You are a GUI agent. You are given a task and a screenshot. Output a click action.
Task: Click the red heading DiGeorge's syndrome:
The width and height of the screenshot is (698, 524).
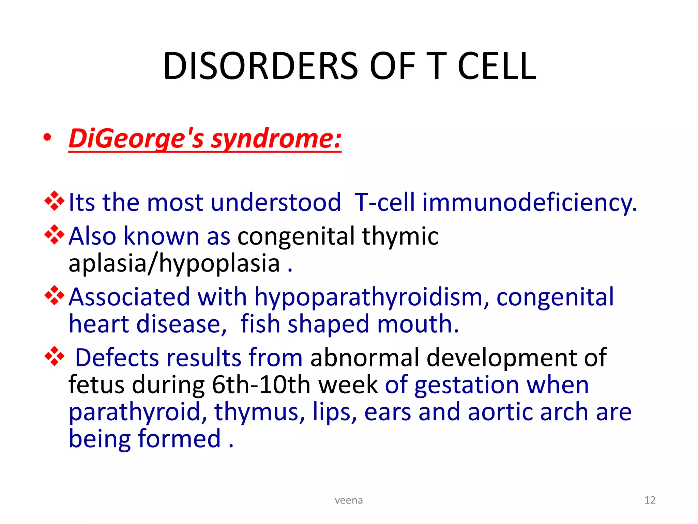pyautogui.click(x=205, y=139)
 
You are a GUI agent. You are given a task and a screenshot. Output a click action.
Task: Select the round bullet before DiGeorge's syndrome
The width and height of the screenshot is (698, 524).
pyautogui.click(x=47, y=138)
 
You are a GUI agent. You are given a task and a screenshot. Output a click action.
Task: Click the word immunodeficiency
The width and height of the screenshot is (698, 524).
pyautogui.click(x=529, y=202)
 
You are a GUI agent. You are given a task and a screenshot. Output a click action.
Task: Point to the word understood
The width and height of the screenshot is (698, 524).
pyautogui.click(x=276, y=202)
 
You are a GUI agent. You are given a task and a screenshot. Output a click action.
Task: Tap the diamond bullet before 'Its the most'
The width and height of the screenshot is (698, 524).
pyautogui.click(x=55, y=201)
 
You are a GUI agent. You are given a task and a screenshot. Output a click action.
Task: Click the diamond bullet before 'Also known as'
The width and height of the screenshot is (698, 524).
pyautogui.click(x=55, y=235)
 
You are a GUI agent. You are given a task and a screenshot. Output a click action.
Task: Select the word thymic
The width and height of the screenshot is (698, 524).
pyautogui.click(x=400, y=236)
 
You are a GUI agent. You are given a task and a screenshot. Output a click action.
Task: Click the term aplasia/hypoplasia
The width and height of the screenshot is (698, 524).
pyautogui.click(x=174, y=263)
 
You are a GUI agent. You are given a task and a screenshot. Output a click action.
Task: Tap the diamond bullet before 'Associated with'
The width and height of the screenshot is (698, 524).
pyautogui.click(x=55, y=295)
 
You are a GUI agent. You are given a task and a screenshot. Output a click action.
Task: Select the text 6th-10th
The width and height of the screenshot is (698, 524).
pyautogui.click(x=261, y=385)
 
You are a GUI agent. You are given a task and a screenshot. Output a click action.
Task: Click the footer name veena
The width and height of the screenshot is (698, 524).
pyautogui.click(x=349, y=500)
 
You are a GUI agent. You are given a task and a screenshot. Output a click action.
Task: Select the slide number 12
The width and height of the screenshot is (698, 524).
pyautogui.click(x=650, y=500)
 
